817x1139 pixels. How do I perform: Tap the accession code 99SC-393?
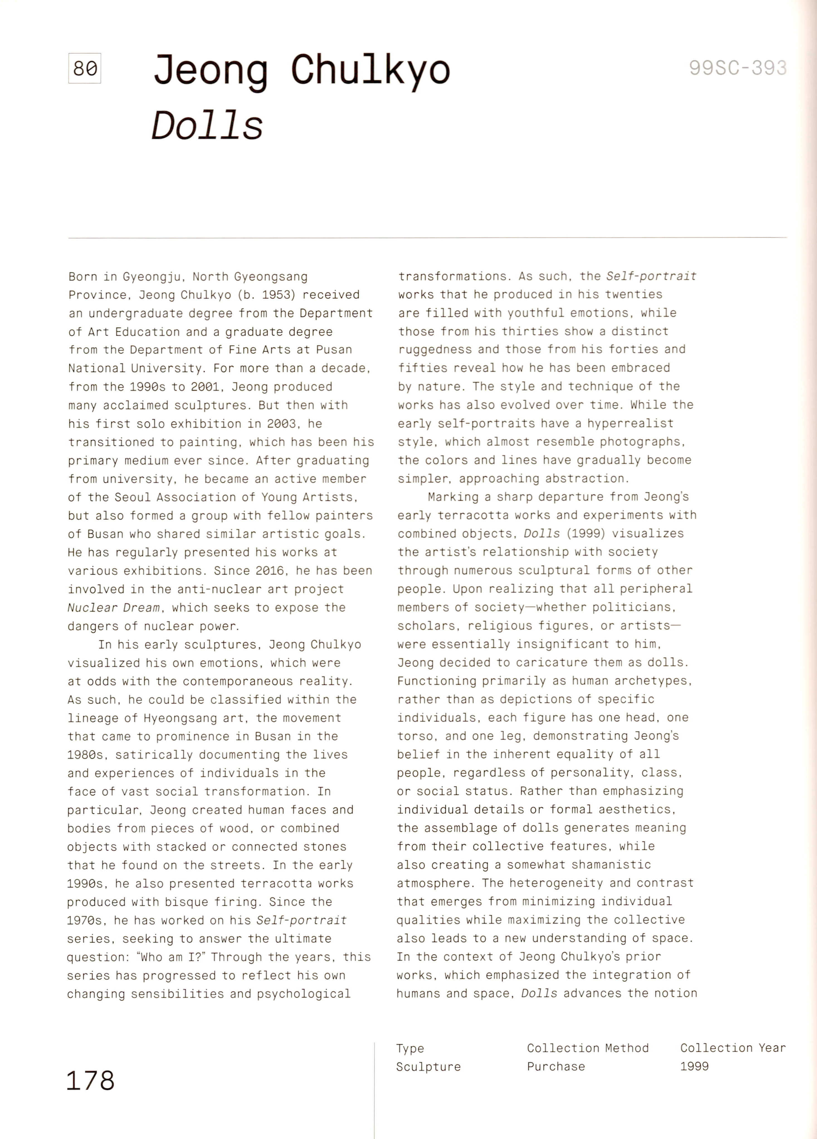pos(737,67)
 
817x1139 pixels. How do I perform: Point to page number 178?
pos(90,1080)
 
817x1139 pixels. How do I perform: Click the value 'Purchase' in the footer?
pos(556,1066)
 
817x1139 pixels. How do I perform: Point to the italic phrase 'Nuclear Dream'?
pos(113,608)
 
